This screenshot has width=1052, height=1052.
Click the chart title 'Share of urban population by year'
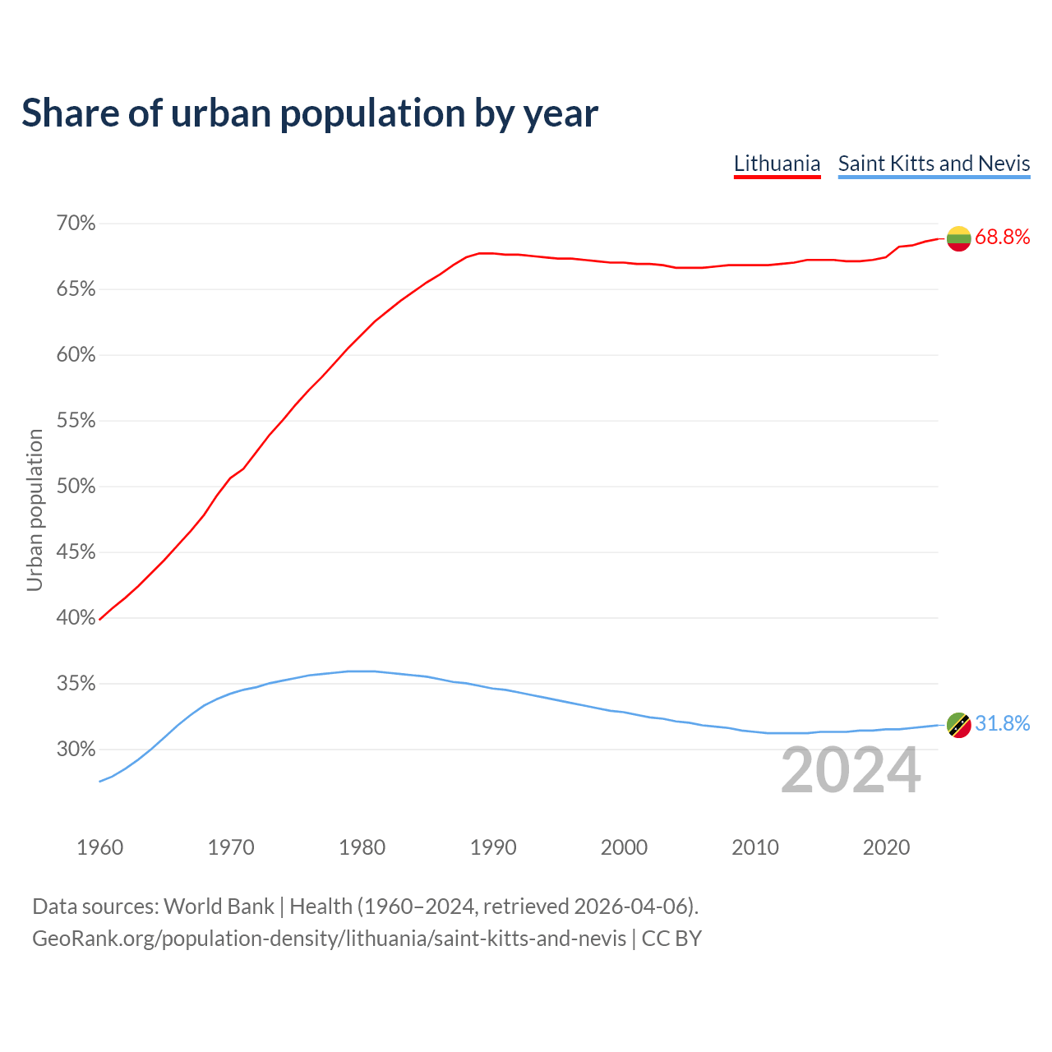tap(310, 113)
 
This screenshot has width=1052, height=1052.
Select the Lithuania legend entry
tap(777, 164)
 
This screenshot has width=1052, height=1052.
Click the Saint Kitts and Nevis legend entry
tap(934, 164)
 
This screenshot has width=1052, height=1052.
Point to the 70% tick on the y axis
tap(76, 224)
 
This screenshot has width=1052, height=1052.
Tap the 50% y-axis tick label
tap(76, 487)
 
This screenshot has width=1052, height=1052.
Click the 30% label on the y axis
tap(76, 750)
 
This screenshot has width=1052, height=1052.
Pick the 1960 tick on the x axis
tap(99, 847)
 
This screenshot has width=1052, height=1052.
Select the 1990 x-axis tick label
tap(493, 847)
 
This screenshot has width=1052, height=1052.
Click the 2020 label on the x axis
tap(886, 847)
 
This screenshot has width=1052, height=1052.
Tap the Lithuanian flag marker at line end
tap(958, 238)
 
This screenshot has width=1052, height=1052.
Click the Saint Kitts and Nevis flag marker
tap(958, 725)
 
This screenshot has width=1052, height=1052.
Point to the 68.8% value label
tap(1002, 238)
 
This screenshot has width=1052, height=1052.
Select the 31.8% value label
tap(1002, 724)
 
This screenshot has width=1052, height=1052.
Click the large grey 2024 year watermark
tap(851, 770)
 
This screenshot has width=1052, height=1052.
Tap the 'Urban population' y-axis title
tap(35, 510)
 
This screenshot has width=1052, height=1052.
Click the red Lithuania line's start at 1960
tap(99, 619)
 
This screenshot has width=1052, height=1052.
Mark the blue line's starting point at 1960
tap(99, 781)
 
